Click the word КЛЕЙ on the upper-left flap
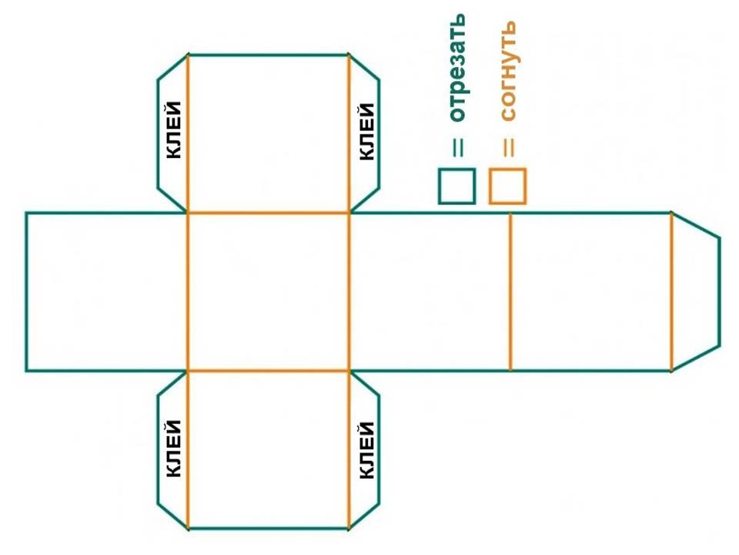[x=175, y=130]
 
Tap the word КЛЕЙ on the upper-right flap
[x=367, y=132]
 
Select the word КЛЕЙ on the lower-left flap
[x=175, y=448]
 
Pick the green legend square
[x=456, y=186]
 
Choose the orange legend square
[x=507, y=186]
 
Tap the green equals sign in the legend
[x=458, y=146]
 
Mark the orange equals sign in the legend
[x=508, y=146]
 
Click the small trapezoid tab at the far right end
[x=697, y=291]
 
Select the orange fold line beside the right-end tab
[x=671, y=291]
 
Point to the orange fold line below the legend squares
[x=510, y=291]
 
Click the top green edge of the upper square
[x=269, y=55]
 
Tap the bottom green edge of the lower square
[x=269, y=529]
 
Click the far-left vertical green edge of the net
[x=26, y=291]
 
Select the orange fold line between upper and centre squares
[x=269, y=213]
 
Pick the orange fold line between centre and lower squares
[x=269, y=371]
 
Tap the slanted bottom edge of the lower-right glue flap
[x=364, y=516]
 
